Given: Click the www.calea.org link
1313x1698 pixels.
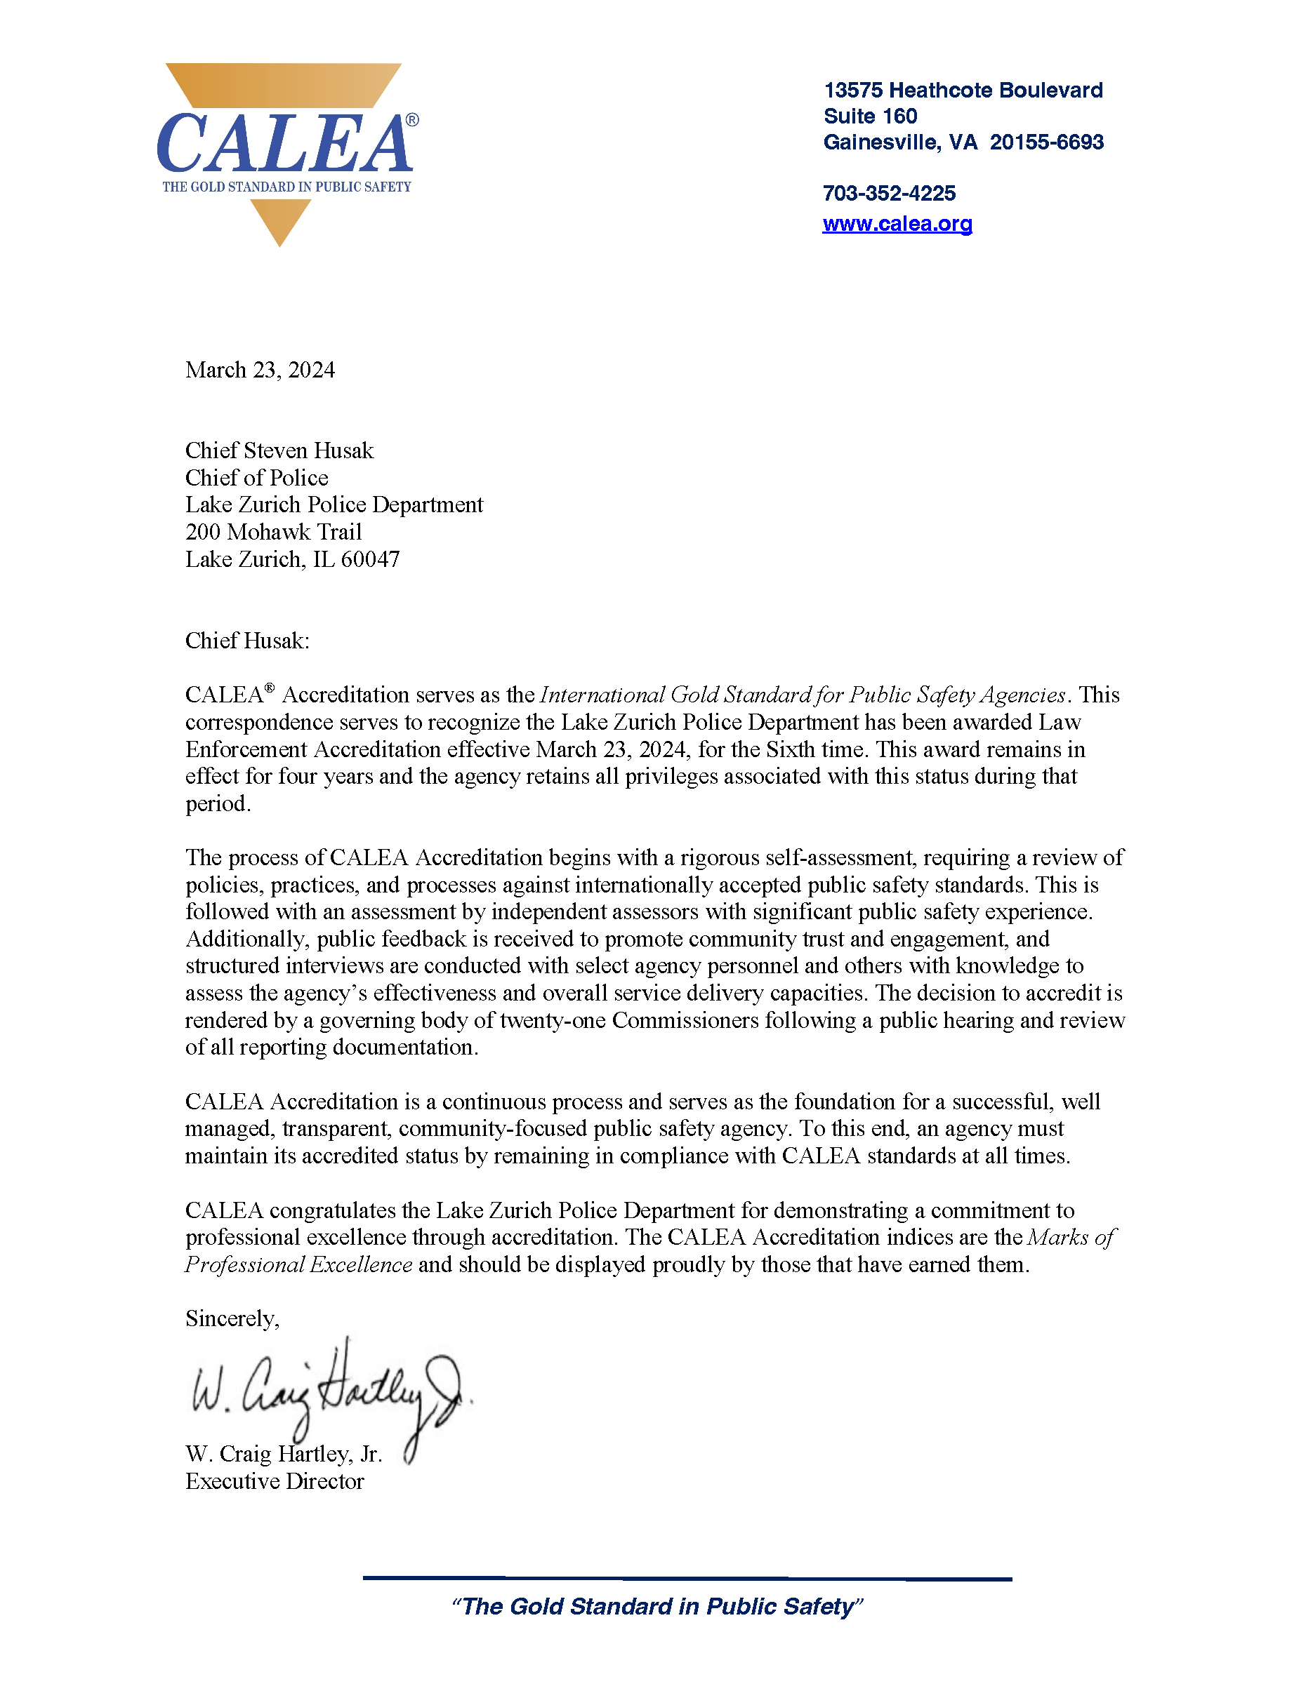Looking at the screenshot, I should [x=897, y=224].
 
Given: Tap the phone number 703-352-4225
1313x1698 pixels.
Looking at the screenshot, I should [x=889, y=194].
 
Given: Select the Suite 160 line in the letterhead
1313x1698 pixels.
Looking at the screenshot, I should [x=870, y=116].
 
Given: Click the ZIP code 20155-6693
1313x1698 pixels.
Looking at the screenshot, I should [x=1046, y=142].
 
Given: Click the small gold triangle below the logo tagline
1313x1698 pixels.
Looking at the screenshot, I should [x=280, y=221].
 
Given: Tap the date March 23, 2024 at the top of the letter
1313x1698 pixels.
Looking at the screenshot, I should [x=260, y=370].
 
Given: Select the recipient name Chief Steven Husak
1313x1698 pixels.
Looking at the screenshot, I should [x=279, y=451].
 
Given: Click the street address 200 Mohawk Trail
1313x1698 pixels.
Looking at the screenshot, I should [x=273, y=533].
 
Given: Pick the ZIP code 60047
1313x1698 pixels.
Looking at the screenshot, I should [x=370, y=560].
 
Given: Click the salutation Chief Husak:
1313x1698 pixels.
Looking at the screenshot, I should [x=247, y=641].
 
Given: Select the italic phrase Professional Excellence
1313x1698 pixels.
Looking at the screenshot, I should [x=298, y=1265].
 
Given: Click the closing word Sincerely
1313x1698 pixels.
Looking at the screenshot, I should [x=231, y=1318].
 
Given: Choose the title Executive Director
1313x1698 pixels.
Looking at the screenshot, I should [x=274, y=1481].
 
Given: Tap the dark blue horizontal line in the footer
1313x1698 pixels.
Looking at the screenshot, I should [x=687, y=1578].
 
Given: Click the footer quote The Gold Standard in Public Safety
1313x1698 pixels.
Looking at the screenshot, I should [x=657, y=1606].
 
